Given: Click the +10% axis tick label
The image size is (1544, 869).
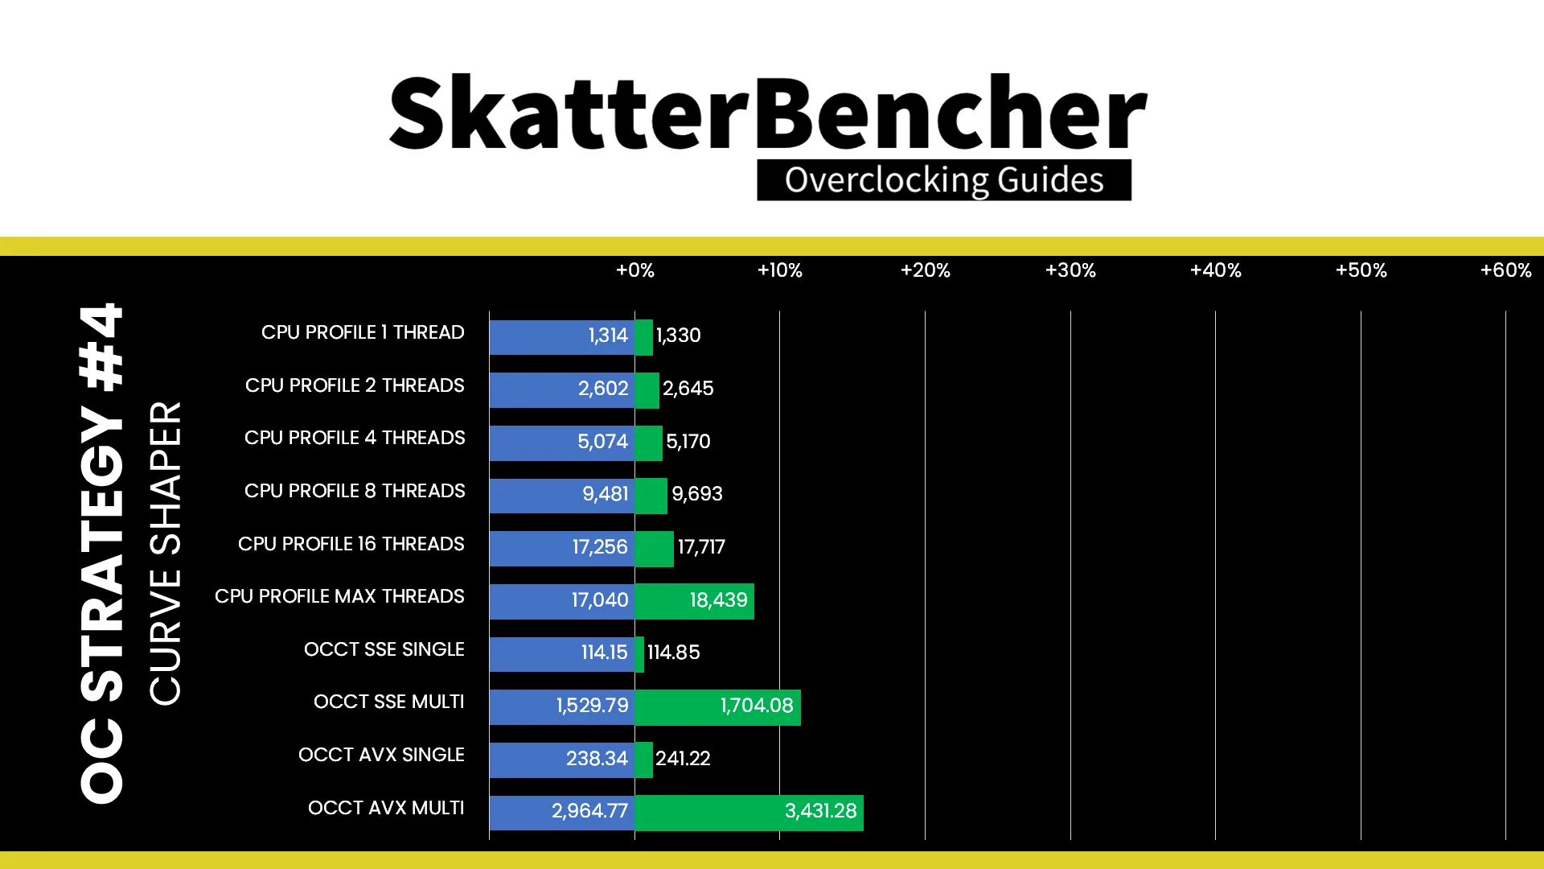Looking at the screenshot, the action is coord(779,270).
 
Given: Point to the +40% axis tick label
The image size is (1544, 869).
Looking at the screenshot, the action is coord(1215,270).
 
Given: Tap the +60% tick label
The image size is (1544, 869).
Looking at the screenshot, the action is coord(1505,270).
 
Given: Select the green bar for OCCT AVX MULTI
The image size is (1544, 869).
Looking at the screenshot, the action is coord(749,813).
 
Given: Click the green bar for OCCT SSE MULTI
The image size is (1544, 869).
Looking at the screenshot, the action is coord(717,707).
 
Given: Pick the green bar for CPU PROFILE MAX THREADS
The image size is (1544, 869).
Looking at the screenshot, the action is coord(694,601).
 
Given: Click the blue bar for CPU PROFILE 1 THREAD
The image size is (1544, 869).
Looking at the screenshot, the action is coord(561,337).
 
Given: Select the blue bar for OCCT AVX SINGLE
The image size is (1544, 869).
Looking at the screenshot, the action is coord(561,760).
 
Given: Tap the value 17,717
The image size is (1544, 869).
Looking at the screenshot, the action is coord(701,547).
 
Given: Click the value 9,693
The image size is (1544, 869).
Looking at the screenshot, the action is coord(697,494).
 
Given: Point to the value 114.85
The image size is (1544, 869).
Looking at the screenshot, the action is coord(674,653).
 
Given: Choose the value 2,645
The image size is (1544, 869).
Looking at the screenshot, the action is coord(688,389).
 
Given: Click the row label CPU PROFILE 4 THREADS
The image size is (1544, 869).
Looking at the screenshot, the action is coord(355,438).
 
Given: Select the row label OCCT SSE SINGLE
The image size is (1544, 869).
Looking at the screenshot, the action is coord(384,649).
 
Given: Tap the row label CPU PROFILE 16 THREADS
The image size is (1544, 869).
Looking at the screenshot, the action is coord(351,544).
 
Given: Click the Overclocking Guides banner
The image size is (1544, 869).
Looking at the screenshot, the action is coord(944,180).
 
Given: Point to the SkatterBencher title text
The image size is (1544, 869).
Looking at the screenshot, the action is coord(768,113).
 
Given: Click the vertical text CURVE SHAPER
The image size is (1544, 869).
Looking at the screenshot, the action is coord(166,554).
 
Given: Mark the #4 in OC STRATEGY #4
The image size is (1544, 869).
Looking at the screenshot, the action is coord(101,347).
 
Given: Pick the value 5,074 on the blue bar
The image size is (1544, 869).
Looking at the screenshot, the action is coord(602,442).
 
